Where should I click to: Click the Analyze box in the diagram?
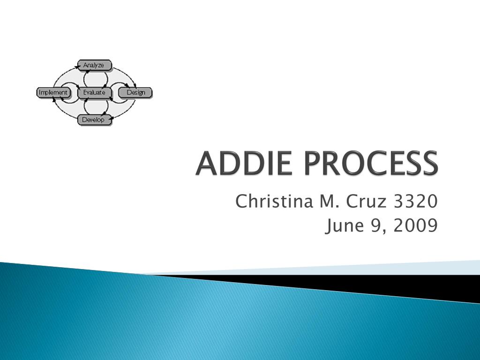click(94, 65)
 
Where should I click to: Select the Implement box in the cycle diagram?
click(53, 92)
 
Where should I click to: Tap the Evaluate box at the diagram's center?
click(94, 92)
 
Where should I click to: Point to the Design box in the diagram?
click(135, 92)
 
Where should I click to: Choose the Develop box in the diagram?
click(94, 120)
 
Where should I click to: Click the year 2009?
click(416, 226)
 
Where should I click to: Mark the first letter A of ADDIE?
click(207, 164)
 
